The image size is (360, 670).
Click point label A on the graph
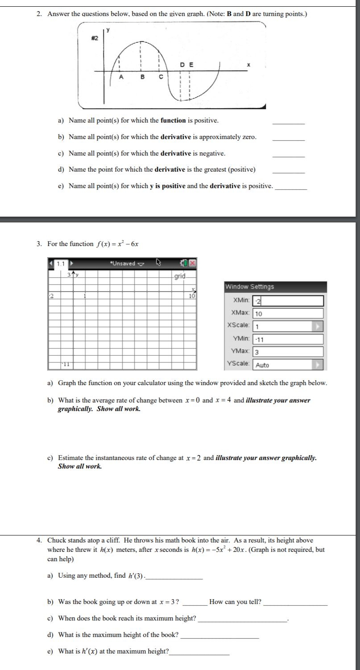120,77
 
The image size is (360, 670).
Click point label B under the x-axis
142,77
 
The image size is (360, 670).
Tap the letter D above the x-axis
182,65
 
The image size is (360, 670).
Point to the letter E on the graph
191,65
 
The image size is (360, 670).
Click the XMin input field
287,301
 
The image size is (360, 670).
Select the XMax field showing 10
287,313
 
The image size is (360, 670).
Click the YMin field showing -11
287,339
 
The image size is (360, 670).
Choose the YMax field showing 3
287,352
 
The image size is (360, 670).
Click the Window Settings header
249,287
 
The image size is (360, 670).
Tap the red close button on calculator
192,263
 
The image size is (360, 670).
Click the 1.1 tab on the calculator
60,263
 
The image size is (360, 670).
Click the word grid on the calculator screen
180,276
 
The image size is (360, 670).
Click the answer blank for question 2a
288,122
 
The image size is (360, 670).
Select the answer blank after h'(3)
174,577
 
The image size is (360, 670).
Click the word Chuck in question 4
56,540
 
